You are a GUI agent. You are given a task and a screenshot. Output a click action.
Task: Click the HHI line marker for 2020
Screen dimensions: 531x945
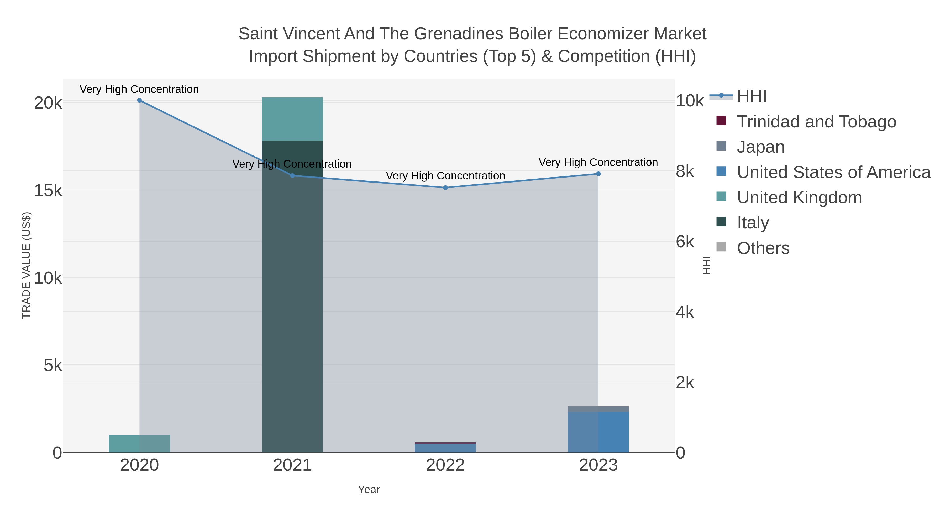point(139,100)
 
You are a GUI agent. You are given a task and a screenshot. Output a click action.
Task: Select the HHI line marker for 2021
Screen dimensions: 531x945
point(292,175)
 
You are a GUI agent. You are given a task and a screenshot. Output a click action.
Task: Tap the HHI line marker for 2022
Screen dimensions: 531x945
point(445,188)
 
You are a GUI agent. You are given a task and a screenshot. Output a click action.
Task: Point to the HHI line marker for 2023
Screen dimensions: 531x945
point(598,174)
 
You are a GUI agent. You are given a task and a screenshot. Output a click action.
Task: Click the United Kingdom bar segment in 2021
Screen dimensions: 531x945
point(292,119)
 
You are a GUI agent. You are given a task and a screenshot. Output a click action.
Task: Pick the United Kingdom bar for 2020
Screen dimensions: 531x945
point(139,443)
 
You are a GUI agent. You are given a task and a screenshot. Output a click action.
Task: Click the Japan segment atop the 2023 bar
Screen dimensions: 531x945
point(598,409)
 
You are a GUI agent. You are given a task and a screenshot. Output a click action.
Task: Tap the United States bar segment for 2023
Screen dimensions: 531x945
point(598,432)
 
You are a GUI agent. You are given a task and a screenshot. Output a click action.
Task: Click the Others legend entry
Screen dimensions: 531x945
point(763,248)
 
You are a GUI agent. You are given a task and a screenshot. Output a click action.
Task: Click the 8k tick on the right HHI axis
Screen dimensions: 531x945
point(685,171)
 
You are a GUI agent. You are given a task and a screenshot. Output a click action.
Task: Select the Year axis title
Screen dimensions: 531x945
point(369,490)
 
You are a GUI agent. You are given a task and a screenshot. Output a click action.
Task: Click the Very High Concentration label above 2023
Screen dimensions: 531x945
point(598,162)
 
